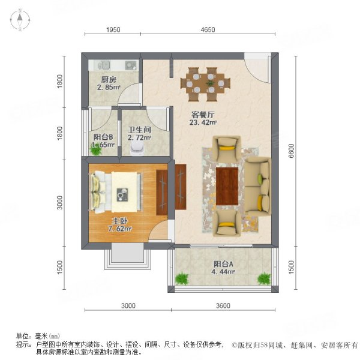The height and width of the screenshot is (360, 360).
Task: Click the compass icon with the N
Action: pos(20,20)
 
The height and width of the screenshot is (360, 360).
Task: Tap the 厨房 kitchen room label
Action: pos(109,79)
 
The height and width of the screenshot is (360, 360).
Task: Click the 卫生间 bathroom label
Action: pos(139,129)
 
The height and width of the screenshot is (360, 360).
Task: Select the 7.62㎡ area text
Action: pos(119,229)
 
